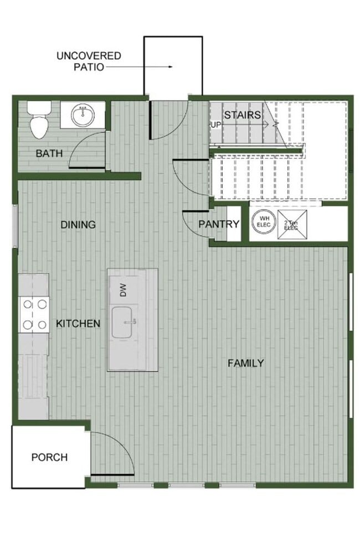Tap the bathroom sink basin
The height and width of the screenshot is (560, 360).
pyautogui.click(x=83, y=115)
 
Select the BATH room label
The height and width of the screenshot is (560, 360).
pyautogui.click(x=49, y=153)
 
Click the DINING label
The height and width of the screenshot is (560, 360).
pyautogui.click(x=78, y=225)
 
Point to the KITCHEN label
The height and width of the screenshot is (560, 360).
pyautogui.click(x=78, y=323)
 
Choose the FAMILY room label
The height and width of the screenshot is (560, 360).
pyautogui.click(x=246, y=363)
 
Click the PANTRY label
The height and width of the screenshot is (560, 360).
pyautogui.click(x=219, y=224)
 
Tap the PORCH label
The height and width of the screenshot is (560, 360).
pyautogui.click(x=49, y=457)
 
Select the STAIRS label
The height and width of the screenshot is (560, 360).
pyautogui.click(x=242, y=115)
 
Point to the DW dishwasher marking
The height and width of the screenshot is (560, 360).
pyautogui.click(x=123, y=290)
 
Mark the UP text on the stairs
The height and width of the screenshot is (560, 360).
pyautogui.click(x=215, y=125)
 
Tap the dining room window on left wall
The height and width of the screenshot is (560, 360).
pyautogui.click(x=15, y=225)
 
